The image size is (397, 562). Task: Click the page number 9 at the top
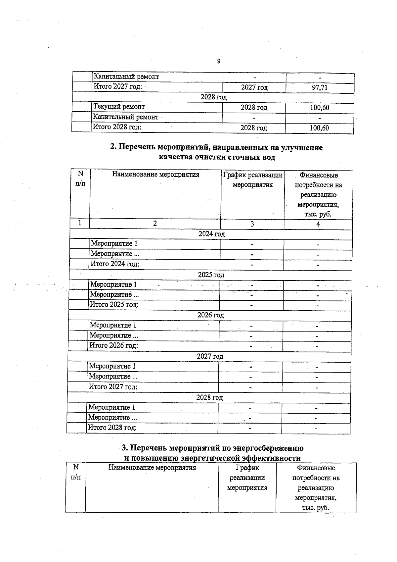(219, 61)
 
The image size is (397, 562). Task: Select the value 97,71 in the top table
(320, 87)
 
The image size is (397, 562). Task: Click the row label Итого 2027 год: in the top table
(118, 87)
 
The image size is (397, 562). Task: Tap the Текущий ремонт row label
(119, 107)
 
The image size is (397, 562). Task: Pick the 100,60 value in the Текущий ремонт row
(320, 108)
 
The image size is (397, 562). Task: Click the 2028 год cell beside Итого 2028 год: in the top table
(253, 128)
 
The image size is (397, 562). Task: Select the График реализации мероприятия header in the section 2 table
(253, 180)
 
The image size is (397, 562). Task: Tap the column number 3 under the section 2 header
(252, 224)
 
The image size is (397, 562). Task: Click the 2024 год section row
(211, 234)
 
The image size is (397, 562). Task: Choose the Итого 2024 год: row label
(115, 264)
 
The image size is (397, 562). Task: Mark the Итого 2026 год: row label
(114, 345)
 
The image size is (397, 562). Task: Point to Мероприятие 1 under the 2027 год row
(112, 366)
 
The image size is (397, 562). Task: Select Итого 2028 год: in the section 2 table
(112, 427)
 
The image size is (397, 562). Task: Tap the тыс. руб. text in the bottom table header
(315, 508)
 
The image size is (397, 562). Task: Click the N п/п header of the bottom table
(76, 472)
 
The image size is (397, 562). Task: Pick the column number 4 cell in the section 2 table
(318, 224)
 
